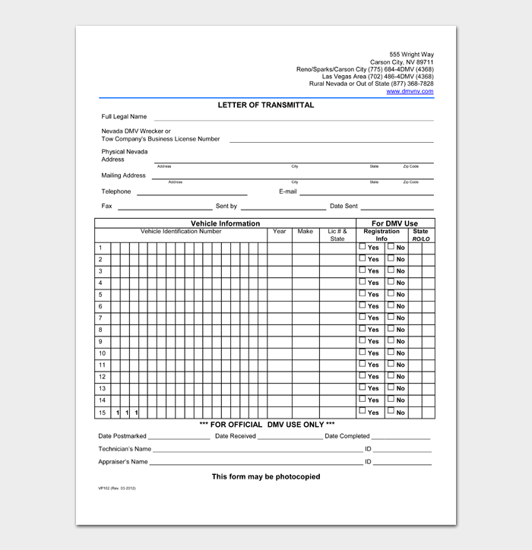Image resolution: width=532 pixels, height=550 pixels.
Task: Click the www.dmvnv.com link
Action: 410,91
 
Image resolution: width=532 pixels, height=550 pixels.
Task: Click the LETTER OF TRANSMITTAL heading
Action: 266,105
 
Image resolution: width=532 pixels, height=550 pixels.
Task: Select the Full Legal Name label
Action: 124,117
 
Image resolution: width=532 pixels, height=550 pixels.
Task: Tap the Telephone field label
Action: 116,191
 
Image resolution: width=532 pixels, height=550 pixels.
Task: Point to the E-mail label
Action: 287,191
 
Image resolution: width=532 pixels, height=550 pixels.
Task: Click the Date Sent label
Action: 344,206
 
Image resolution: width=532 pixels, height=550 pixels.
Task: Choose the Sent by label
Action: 226,206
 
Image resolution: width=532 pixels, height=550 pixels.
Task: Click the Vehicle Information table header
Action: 225,223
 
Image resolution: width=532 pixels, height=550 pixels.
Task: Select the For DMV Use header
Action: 394,223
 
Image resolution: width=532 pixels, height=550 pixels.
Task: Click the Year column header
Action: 279,232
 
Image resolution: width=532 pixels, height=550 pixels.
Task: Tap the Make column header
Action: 305,232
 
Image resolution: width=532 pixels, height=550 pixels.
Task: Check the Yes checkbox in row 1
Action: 363,247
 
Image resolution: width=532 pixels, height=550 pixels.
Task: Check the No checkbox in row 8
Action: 391,329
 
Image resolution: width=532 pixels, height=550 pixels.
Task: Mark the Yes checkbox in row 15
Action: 363,411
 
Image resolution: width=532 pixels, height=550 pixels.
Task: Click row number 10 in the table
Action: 102,353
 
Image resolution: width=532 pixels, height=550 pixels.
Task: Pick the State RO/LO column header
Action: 420,235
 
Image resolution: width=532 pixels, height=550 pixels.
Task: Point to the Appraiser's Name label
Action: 123,461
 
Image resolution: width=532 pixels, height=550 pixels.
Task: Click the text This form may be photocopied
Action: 266,476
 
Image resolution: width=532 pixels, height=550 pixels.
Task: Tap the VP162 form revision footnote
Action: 117,488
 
